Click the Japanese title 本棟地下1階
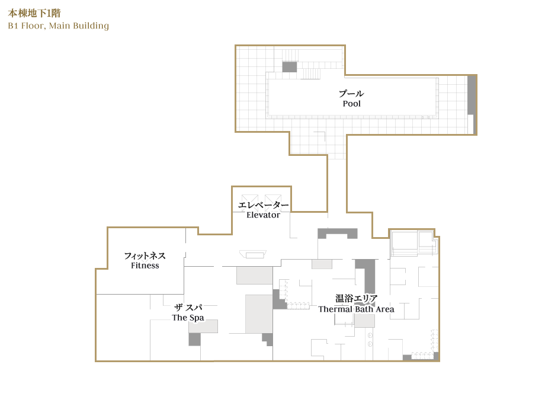click(34, 13)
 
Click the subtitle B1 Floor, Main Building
click(59, 25)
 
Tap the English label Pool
click(352, 104)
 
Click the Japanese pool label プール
click(351, 94)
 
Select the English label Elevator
click(263, 215)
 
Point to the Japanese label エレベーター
click(263, 205)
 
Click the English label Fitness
click(145, 266)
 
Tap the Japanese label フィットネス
click(145, 255)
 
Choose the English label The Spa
click(188, 318)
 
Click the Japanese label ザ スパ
click(188, 308)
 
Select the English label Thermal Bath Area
click(356, 309)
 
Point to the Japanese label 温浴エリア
click(356, 298)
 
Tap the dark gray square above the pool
click(289, 67)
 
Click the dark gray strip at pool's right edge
click(472, 95)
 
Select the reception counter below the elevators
click(253, 254)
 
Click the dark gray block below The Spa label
click(195, 339)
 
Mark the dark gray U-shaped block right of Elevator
click(338, 234)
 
